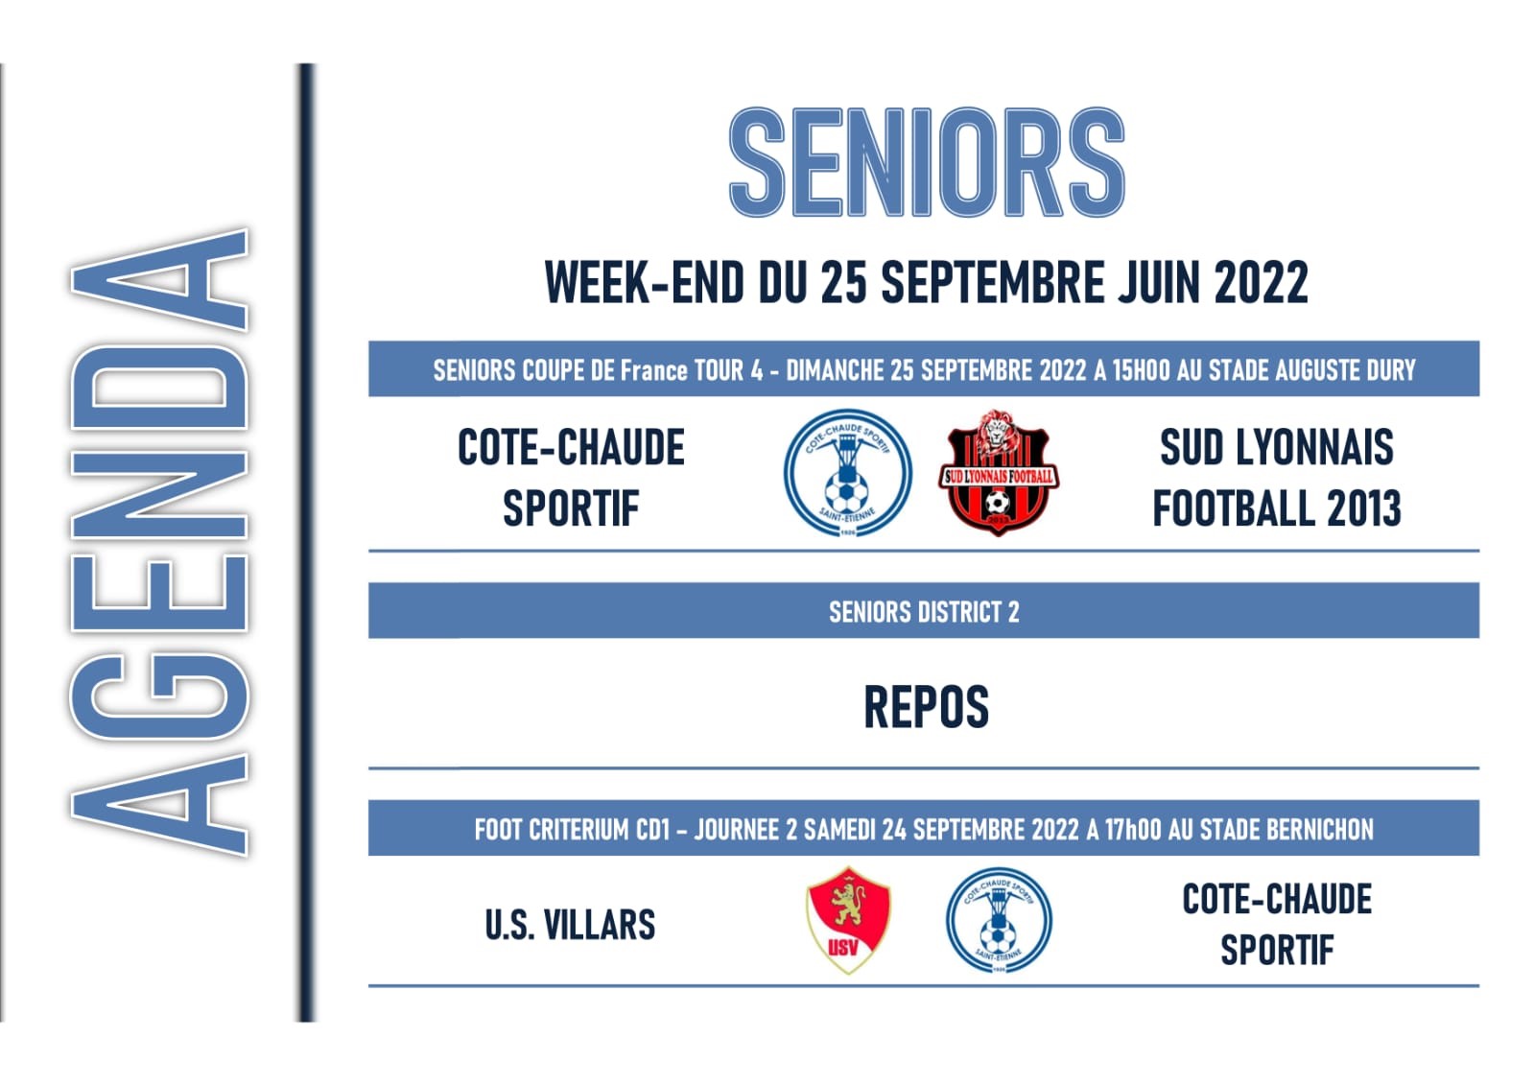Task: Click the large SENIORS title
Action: click(927, 162)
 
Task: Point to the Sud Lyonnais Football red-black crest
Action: click(998, 473)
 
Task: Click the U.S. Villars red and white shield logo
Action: click(848, 920)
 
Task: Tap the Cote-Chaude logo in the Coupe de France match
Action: click(848, 473)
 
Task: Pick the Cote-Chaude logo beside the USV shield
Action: click(999, 920)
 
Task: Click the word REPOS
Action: click(927, 707)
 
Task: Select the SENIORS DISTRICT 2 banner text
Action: click(924, 612)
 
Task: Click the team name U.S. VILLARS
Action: click(570, 925)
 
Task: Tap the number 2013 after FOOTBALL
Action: click(1364, 508)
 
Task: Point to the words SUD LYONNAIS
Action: click(1277, 447)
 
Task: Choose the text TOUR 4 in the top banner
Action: click(728, 370)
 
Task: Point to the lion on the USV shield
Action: click(847, 903)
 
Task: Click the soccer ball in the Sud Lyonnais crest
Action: click(997, 503)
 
